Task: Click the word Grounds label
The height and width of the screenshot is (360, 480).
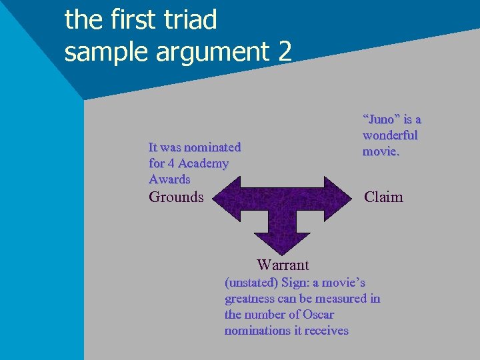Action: pyautogui.click(x=176, y=197)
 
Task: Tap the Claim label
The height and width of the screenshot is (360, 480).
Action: pyautogui.click(x=383, y=197)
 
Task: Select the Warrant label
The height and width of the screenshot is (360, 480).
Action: pyautogui.click(x=283, y=265)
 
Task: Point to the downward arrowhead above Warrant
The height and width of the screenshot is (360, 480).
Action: pyautogui.click(x=283, y=241)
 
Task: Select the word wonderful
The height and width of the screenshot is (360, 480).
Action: pyautogui.click(x=390, y=135)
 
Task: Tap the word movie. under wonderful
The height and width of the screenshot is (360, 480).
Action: pyautogui.click(x=381, y=151)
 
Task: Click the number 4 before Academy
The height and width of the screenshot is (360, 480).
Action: pyautogui.click(x=171, y=163)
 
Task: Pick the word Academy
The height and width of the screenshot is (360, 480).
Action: pyautogui.click(x=203, y=163)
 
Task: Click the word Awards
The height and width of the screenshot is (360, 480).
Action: pyautogui.click(x=169, y=179)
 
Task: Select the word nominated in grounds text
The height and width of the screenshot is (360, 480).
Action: pyautogui.click(x=212, y=147)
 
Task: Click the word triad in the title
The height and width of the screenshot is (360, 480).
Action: pyautogui.click(x=190, y=20)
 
